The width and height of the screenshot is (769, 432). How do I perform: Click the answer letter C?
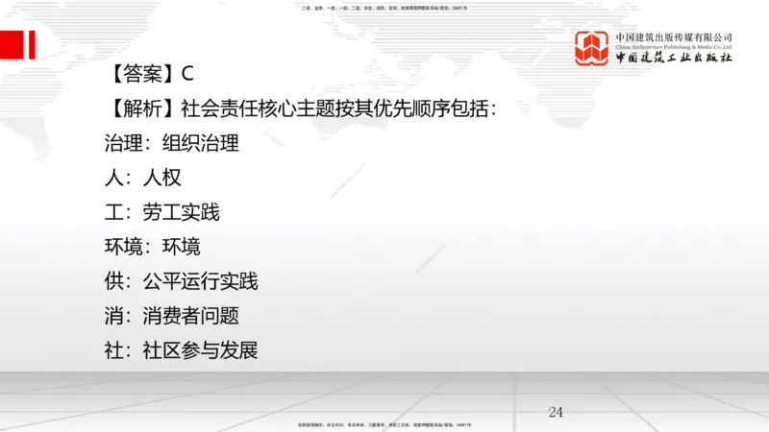tap(188, 73)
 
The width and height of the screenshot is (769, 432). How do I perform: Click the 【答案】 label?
tap(140, 73)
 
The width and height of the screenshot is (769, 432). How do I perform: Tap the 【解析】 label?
tap(140, 108)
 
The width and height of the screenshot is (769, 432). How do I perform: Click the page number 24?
tap(556, 412)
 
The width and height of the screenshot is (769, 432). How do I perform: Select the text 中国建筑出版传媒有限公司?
tap(674, 36)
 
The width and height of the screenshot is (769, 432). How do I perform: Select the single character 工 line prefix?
tap(113, 212)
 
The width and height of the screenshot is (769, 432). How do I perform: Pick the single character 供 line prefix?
tap(113, 281)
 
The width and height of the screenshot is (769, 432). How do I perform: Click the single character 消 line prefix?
tap(113, 316)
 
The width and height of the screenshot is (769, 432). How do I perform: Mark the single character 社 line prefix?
tap(113, 350)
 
